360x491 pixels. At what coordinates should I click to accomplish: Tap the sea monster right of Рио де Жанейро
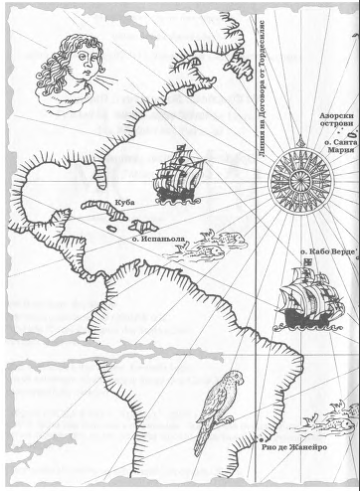[x=318, y=421]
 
